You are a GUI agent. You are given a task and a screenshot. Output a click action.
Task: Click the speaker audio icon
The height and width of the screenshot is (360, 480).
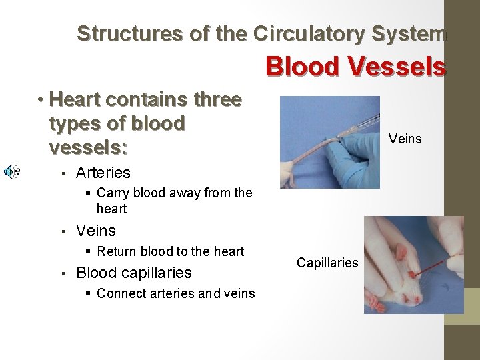(11, 172)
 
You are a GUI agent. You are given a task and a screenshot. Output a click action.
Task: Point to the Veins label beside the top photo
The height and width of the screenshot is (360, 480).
(405, 139)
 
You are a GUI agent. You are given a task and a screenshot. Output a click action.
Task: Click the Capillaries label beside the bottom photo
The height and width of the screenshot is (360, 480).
(327, 263)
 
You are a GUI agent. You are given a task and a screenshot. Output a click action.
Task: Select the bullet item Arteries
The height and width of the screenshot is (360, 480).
(103, 173)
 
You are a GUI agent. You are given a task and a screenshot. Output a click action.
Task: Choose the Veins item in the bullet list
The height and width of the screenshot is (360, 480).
(96, 231)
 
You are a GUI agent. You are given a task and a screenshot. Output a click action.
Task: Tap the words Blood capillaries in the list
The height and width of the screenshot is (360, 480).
(134, 273)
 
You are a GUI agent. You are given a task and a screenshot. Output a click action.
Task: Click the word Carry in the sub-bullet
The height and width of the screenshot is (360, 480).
(112, 193)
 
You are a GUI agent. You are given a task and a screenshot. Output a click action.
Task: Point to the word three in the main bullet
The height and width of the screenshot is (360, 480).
(217, 100)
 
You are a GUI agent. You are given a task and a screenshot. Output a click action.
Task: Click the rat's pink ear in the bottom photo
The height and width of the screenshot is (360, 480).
(402, 253)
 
